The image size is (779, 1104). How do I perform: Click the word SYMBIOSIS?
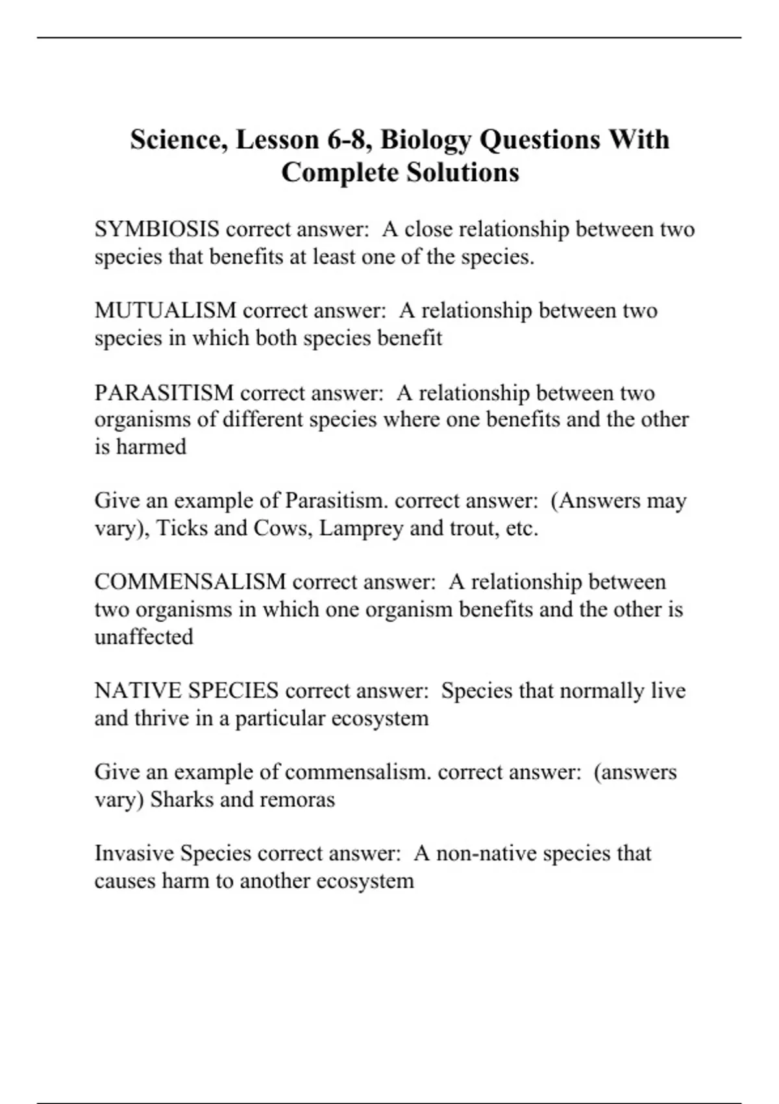tap(156, 229)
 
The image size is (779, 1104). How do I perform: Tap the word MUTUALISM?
tap(166, 310)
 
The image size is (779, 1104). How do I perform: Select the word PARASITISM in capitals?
tap(164, 393)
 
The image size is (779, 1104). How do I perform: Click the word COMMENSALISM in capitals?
tap(190, 581)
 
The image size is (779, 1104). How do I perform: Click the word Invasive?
tap(134, 853)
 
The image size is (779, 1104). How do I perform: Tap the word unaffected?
tap(144, 636)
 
